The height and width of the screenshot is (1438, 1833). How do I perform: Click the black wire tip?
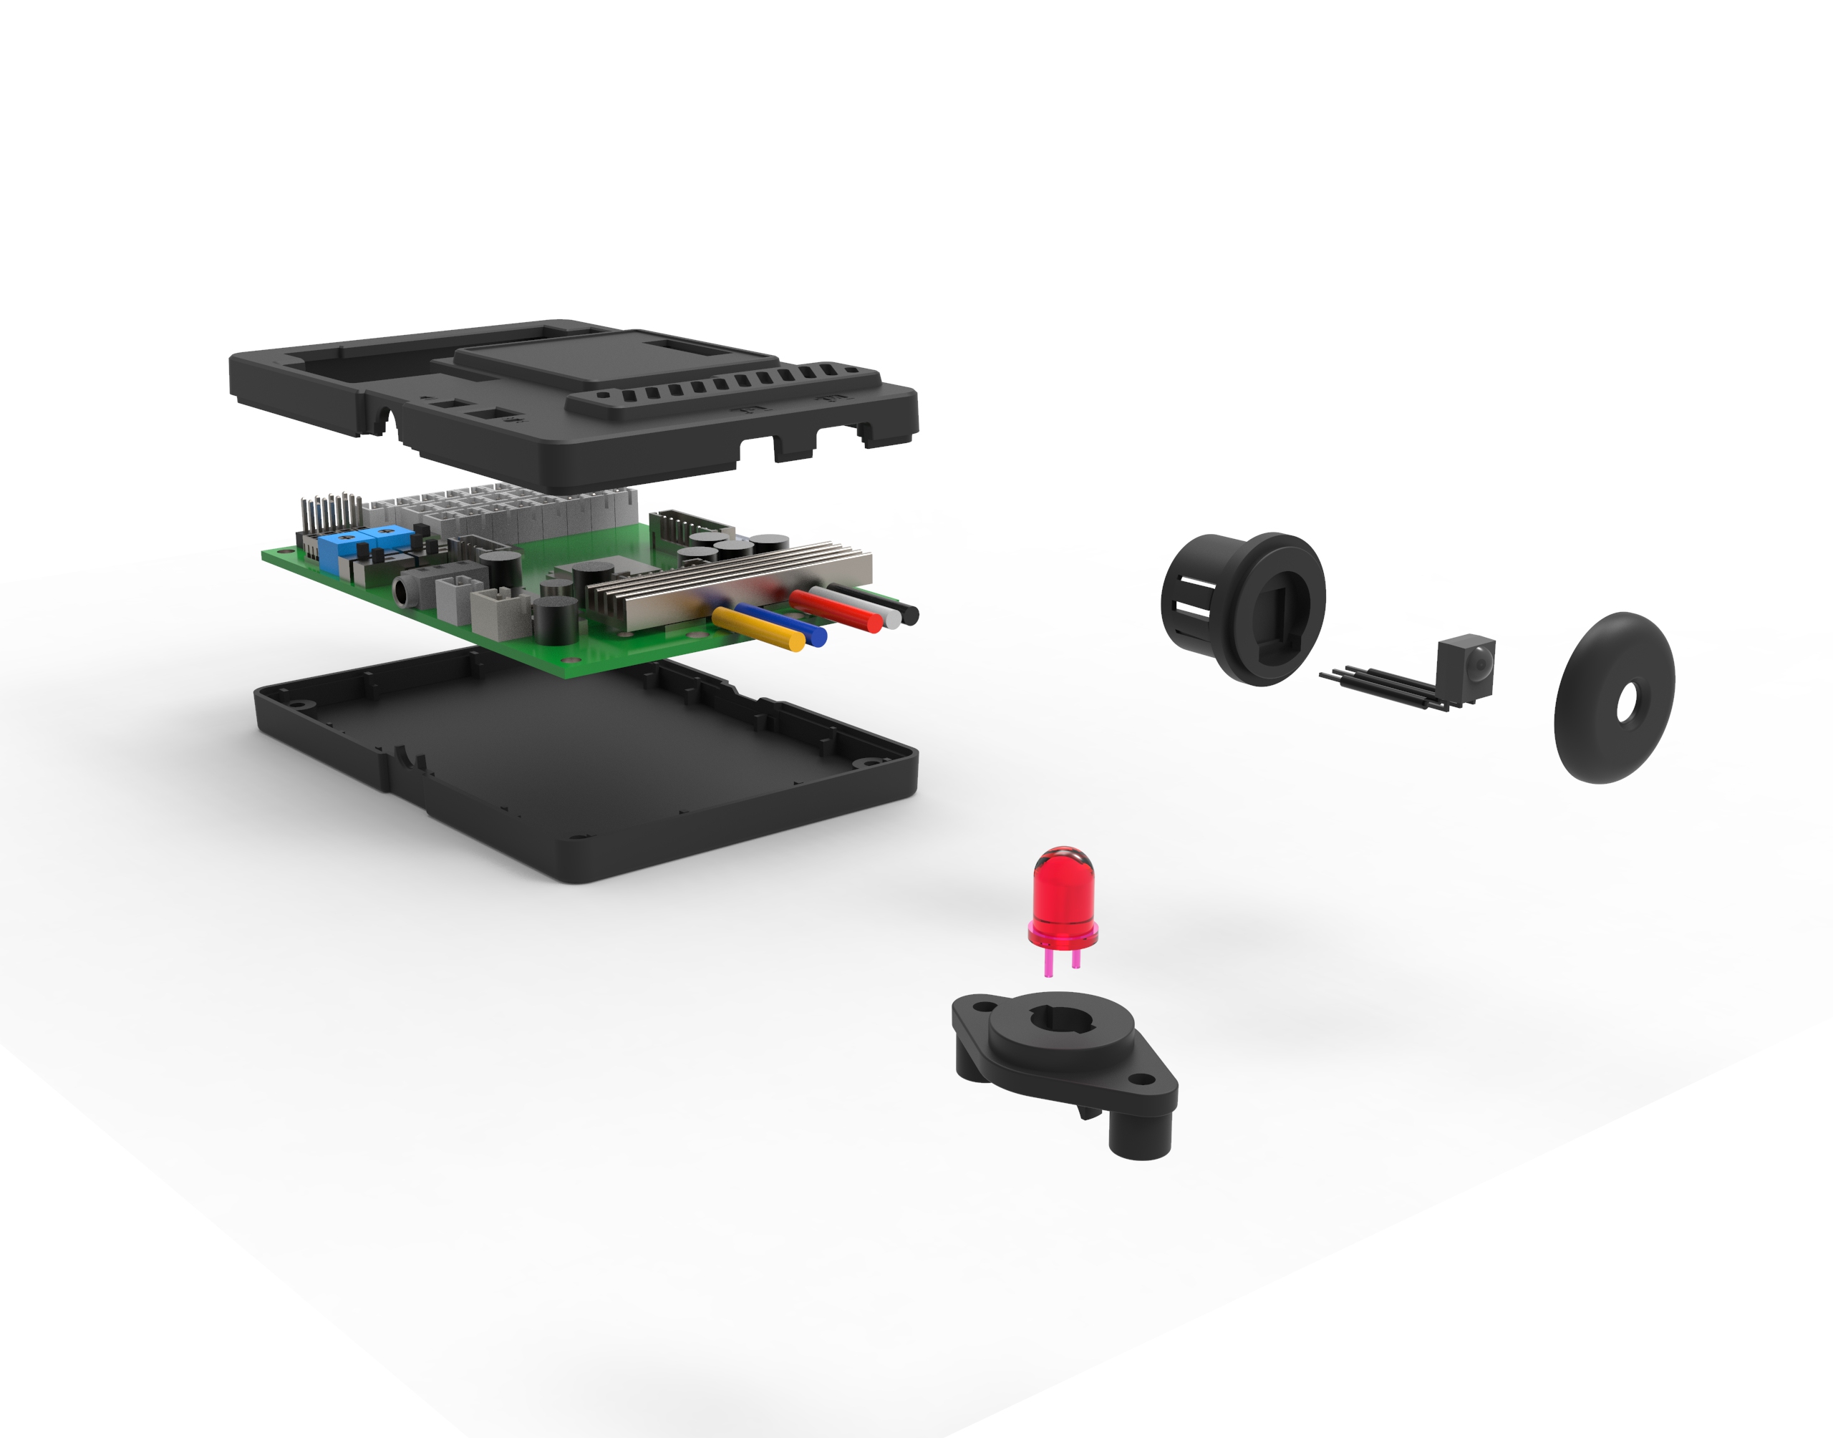[909, 615]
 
